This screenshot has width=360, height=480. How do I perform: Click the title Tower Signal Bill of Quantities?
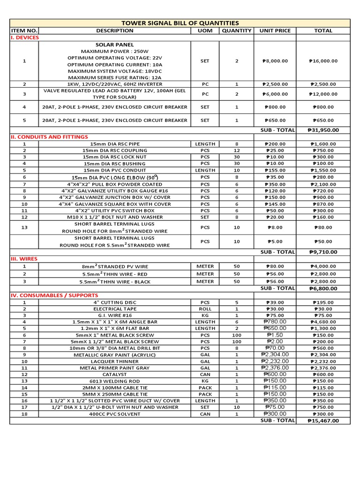(x=180, y=23)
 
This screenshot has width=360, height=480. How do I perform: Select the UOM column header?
(x=205, y=30)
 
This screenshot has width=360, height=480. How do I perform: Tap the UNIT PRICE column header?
(x=275, y=30)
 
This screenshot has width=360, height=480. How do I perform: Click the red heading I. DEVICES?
(x=25, y=37)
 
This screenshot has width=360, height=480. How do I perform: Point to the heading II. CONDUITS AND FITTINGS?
(x=49, y=137)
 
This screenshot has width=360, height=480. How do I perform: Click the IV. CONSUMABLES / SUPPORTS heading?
(x=54, y=295)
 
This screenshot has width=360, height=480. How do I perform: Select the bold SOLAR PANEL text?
(x=115, y=44)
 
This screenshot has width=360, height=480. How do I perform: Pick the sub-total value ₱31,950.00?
(x=323, y=130)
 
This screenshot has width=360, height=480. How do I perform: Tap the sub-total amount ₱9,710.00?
(x=323, y=252)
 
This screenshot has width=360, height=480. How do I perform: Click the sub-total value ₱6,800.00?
(x=323, y=289)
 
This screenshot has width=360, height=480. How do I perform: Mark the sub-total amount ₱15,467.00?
(x=323, y=421)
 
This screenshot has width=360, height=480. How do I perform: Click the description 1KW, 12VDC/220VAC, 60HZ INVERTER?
(x=115, y=84)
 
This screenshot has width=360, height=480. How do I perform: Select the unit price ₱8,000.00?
(x=275, y=61)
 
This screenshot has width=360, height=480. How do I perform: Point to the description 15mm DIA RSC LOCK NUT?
(x=115, y=157)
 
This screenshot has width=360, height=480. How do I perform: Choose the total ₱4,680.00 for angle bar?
(x=323, y=322)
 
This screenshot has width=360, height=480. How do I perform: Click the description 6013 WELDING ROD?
(x=115, y=381)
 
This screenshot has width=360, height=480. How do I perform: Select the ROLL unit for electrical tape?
(x=205, y=309)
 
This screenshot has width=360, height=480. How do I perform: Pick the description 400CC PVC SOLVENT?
(x=115, y=414)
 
